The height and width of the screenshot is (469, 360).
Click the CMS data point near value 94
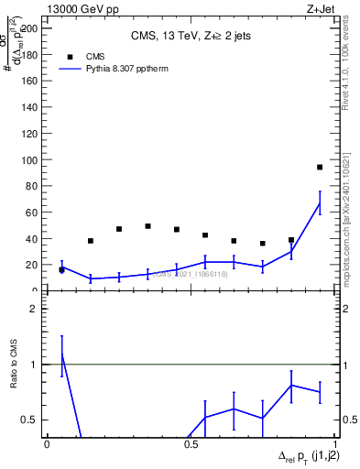click(x=320, y=168)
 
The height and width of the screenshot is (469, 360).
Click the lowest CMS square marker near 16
click(x=62, y=270)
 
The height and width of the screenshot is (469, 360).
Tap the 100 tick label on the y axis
click(x=31, y=160)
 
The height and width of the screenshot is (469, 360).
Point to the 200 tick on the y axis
click(x=31, y=28)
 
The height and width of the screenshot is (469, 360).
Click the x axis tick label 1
click(x=333, y=443)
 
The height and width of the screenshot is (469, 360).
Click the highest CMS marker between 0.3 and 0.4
click(x=147, y=226)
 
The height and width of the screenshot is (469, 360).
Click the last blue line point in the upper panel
click(x=320, y=204)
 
